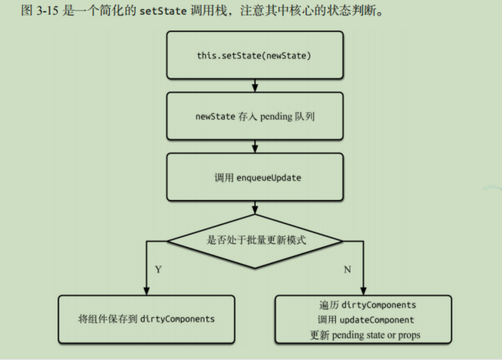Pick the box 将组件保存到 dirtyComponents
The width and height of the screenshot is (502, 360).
tap(146, 319)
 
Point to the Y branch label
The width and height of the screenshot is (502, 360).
tap(158, 270)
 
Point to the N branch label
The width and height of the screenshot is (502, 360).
tap(347, 270)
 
